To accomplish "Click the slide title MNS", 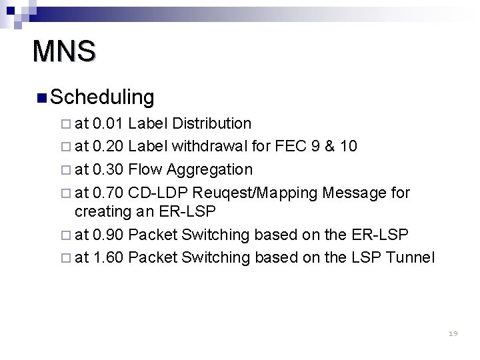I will click(64, 51).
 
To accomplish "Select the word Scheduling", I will click(102, 97).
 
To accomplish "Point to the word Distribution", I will click(211, 123).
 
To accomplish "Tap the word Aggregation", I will click(210, 169).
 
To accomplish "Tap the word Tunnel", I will click(411, 257).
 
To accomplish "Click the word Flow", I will click(145, 169).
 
